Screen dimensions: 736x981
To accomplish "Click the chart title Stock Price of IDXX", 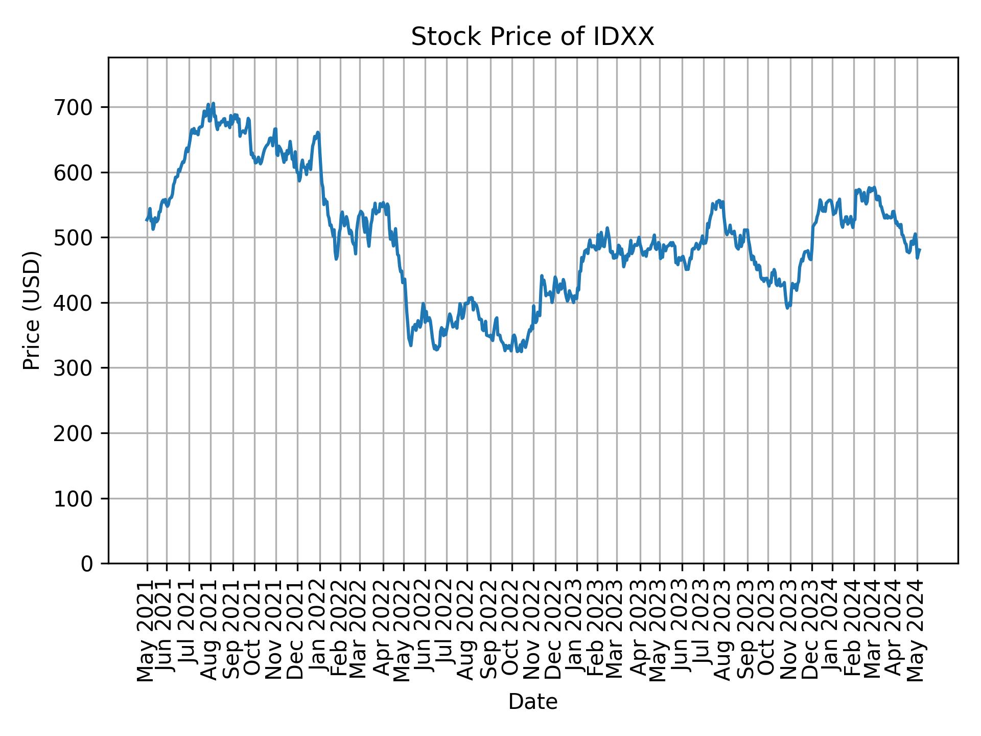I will (532, 37).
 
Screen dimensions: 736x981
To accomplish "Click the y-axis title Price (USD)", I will (32, 310).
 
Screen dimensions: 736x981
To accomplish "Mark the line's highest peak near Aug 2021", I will (213, 103).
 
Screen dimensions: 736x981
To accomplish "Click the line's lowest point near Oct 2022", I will (517, 352).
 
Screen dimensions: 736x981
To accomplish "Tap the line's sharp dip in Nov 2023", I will (787, 308).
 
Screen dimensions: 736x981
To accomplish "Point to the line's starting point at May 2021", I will (147, 220).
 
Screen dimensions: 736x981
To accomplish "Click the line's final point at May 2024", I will (920, 249).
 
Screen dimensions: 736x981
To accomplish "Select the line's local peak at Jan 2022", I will (317, 132).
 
